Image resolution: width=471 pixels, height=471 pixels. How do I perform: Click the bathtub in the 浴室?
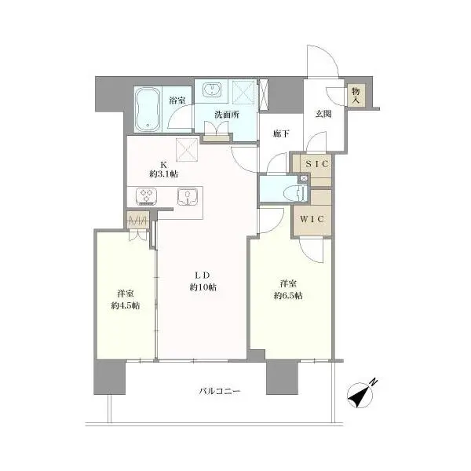(x=148, y=109)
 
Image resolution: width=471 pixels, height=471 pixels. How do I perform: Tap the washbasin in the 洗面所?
(x=212, y=89)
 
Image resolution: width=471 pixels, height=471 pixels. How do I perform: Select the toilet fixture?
(x=298, y=192)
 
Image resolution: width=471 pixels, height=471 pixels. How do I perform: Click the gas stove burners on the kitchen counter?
(x=146, y=196)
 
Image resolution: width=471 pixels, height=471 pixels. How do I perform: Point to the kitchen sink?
(x=188, y=197)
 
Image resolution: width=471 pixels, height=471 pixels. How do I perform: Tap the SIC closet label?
(x=317, y=164)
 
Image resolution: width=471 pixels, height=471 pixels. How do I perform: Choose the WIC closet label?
(x=312, y=219)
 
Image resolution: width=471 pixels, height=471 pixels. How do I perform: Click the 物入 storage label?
(x=356, y=95)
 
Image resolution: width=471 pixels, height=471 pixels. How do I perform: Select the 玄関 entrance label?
(x=323, y=114)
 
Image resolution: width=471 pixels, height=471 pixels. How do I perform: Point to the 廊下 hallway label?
(x=281, y=133)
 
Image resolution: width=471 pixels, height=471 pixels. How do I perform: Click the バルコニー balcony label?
(x=220, y=391)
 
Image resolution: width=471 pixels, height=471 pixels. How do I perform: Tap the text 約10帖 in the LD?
(x=203, y=287)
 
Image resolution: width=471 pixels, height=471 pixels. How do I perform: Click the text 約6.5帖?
(x=288, y=296)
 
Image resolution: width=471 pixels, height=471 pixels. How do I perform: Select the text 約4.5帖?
(x=126, y=306)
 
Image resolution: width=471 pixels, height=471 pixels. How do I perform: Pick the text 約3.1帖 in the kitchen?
(x=163, y=174)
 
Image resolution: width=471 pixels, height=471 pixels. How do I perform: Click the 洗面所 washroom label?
(x=227, y=115)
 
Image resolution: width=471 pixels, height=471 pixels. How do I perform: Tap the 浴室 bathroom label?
(x=177, y=100)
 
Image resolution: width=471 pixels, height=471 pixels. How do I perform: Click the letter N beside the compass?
(x=373, y=382)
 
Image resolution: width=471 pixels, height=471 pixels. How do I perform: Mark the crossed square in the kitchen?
(x=187, y=149)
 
